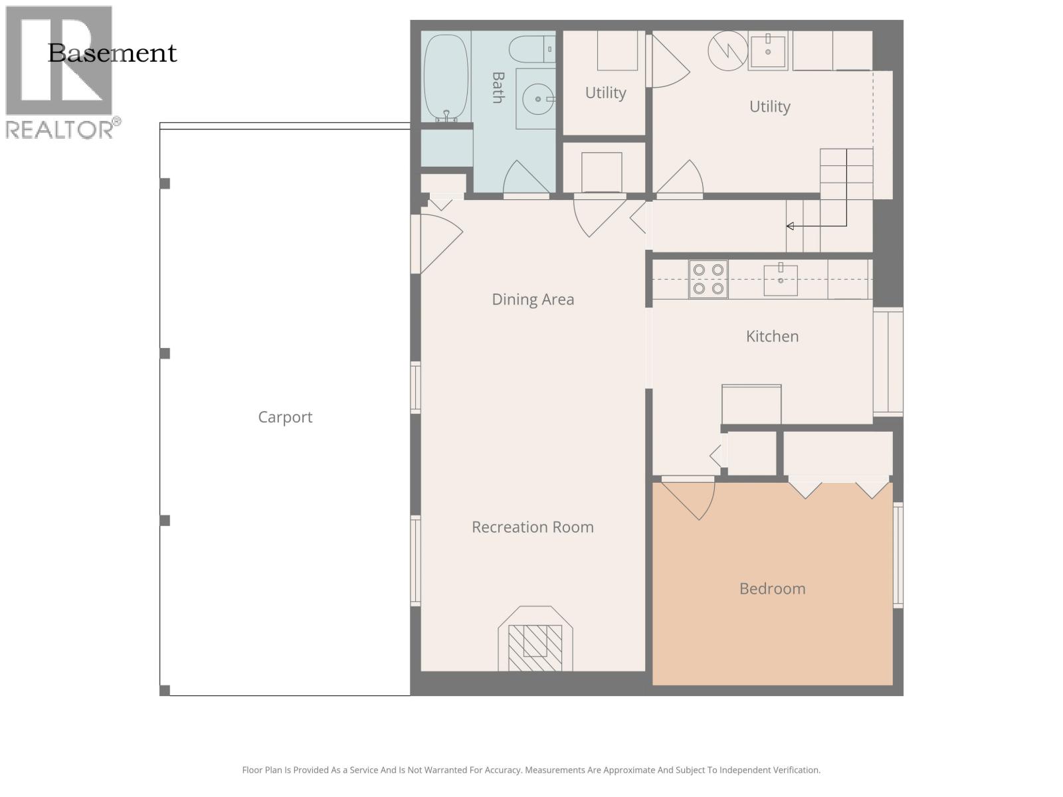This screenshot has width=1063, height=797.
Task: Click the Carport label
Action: point(285,417)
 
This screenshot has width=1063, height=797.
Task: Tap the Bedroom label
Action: point(772,588)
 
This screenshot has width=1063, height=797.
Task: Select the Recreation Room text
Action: point(532,527)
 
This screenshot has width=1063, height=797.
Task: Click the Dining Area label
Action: point(532,300)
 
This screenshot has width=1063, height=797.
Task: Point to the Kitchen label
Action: point(772,336)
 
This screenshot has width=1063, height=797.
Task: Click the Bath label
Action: point(498,88)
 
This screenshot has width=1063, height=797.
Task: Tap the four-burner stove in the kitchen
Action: point(708,279)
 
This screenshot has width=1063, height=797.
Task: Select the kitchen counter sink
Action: point(781,280)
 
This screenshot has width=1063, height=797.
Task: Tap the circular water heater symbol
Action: point(727,50)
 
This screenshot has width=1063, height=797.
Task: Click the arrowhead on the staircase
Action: point(790,226)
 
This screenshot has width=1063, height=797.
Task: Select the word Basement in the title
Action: point(112,53)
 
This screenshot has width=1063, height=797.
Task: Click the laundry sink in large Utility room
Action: point(768,50)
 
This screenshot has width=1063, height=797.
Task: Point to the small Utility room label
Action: point(605,93)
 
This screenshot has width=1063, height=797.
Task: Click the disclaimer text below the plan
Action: point(531,770)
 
